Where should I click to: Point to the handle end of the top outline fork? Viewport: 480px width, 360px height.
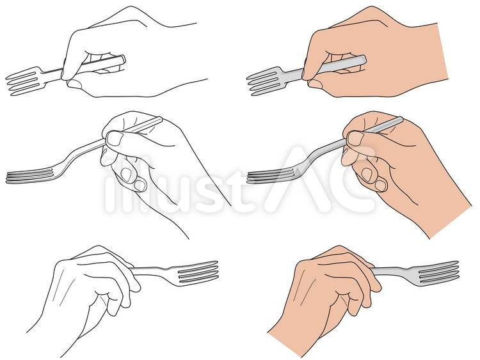123,59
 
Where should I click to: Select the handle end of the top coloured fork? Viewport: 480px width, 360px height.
364,59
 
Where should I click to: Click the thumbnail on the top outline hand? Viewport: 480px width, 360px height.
74,84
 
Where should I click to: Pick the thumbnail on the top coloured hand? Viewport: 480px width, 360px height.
315,84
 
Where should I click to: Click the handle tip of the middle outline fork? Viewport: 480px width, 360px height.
161,119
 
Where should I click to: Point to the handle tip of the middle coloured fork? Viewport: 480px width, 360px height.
401,119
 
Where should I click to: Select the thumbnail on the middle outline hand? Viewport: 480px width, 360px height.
115,138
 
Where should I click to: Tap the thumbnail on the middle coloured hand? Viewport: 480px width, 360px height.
355,138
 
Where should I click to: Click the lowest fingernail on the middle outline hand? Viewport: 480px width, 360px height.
140,185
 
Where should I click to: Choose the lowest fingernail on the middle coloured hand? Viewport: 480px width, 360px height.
381,185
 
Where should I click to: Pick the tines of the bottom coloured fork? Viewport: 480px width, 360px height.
438,272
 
